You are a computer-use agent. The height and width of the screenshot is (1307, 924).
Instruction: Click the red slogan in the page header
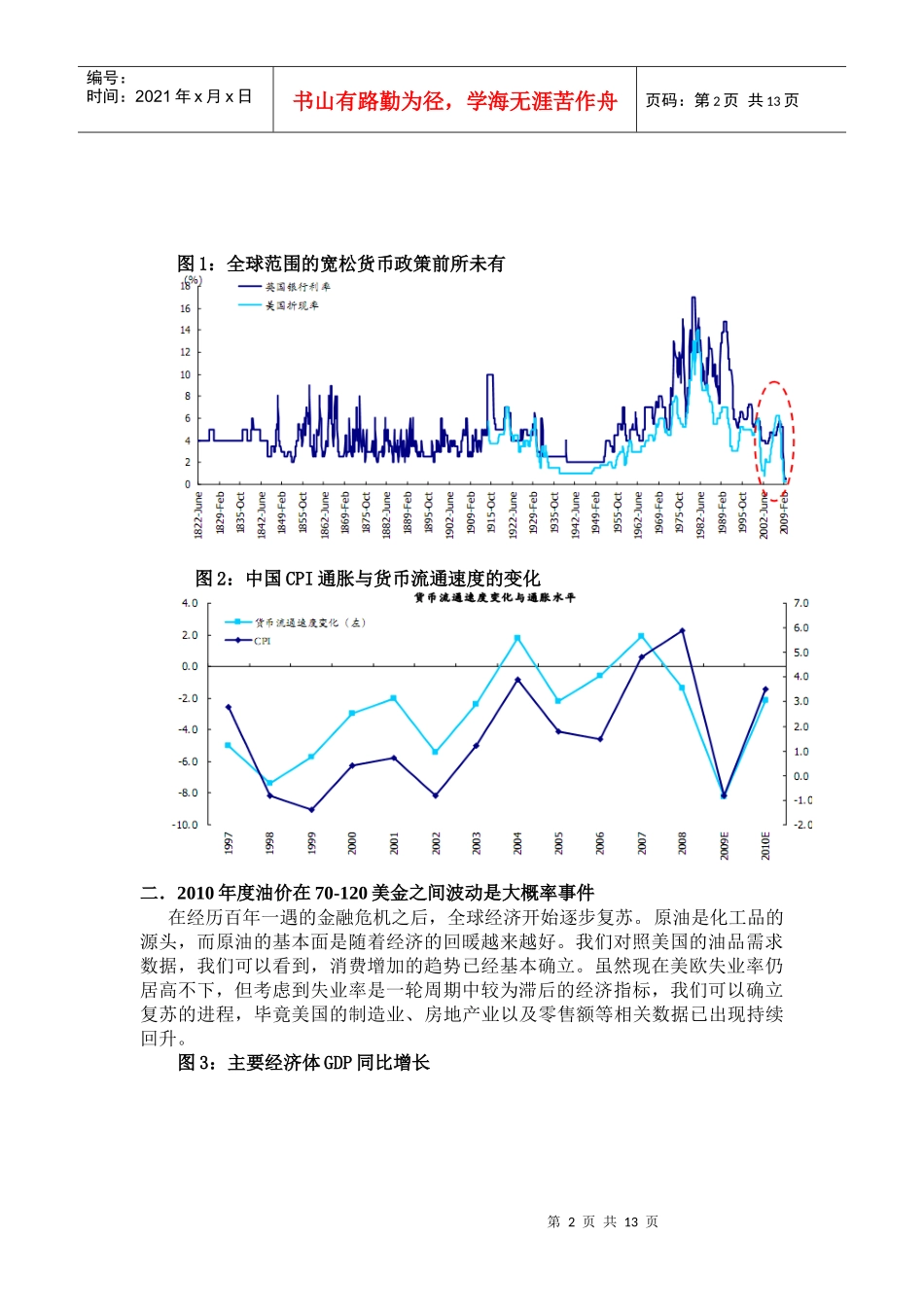(454, 101)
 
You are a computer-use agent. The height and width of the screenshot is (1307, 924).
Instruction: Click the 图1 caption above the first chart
(340, 264)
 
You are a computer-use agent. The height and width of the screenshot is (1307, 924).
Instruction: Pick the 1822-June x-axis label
(199, 514)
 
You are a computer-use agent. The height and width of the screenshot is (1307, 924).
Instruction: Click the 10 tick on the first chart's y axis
(186, 374)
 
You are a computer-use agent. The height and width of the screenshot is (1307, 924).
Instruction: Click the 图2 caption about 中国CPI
(368, 579)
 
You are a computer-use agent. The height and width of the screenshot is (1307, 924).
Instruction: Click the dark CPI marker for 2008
(682, 631)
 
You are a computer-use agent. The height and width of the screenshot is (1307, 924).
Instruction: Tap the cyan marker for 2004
(517, 638)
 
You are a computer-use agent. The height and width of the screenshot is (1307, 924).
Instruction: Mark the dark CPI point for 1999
(311, 809)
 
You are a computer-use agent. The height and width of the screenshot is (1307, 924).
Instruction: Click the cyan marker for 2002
(435, 752)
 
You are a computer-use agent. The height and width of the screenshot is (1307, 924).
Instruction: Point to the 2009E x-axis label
(724, 843)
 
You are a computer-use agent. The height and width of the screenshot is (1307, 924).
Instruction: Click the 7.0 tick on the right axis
(800, 603)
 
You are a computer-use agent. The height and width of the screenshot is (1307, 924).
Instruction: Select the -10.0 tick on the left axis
(185, 825)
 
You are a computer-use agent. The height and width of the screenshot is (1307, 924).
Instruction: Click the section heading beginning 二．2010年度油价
(367, 893)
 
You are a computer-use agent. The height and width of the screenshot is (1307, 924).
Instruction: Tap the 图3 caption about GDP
(303, 1063)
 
